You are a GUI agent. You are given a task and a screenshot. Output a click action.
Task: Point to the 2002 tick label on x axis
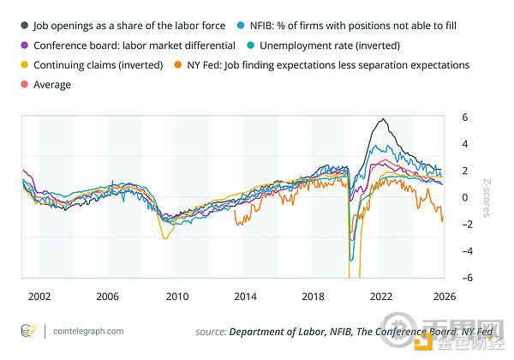click(x=39, y=296)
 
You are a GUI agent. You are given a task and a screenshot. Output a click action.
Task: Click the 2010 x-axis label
click(x=176, y=296)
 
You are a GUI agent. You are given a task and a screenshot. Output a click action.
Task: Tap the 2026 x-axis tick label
click(x=443, y=296)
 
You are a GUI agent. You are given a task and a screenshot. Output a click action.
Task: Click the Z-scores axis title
click(x=487, y=197)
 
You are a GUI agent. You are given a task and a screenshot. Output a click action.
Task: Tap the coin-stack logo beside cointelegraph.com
click(x=27, y=330)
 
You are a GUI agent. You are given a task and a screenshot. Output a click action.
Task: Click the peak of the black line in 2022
click(x=381, y=118)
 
